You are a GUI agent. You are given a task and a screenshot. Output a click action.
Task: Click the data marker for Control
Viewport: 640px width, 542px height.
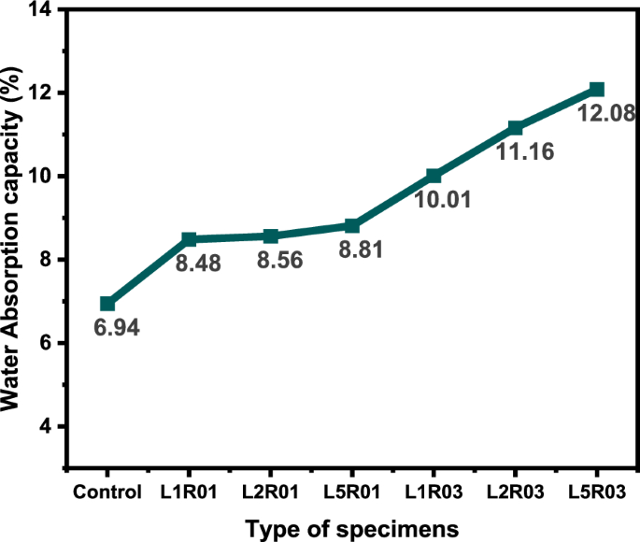click(x=107, y=304)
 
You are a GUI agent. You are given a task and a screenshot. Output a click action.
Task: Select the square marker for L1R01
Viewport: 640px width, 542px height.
click(x=189, y=239)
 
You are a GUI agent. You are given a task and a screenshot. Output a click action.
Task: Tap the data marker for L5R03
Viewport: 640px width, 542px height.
click(x=597, y=89)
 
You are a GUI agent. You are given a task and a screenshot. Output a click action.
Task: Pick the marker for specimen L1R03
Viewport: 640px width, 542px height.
click(x=434, y=176)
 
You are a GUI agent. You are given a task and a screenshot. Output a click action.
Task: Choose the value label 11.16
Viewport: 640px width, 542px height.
click(x=520, y=152)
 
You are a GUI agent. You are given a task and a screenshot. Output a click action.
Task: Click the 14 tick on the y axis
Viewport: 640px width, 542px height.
click(x=41, y=9)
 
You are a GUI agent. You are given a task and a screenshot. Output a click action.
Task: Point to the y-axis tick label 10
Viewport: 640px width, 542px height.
click(x=41, y=176)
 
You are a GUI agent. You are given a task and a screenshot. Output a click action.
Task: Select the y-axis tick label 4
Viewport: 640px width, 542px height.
click(x=46, y=426)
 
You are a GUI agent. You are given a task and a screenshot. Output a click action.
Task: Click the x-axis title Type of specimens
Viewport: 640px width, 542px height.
click(x=352, y=528)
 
